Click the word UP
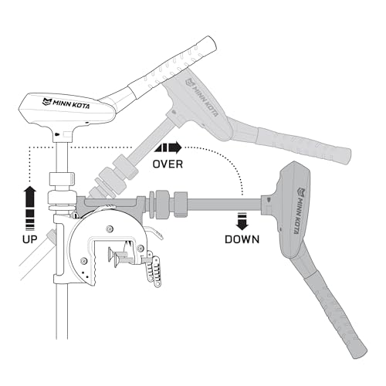30,239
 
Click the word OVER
168,164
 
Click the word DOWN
242,239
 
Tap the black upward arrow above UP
30,208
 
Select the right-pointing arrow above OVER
168,147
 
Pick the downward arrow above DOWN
242,222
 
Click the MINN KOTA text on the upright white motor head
71,103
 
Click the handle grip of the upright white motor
171,67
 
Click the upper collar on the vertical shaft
62,179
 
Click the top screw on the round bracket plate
110,229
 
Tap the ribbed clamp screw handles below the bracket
154,269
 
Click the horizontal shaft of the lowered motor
225,203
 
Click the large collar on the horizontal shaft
161,205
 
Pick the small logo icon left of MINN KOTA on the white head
47,102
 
